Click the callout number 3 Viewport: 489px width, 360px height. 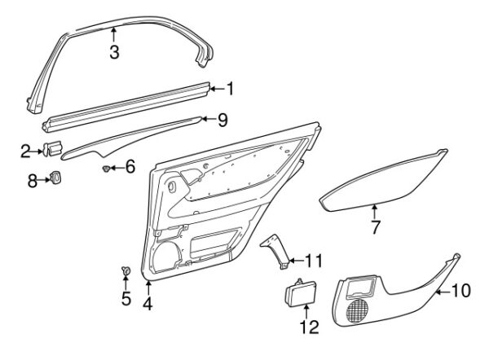pyautogui.click(x=114, y=52)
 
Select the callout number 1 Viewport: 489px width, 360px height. pyautogui.click(x=230, y=89)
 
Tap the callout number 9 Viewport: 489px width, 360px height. pyautogui.click(x=222, y=120)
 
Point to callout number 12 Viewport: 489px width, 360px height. pyautogui.click(x=309, y=327)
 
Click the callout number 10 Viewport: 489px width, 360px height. pyautogui.click(x=460, y=291)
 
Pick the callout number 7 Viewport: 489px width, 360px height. pyautogui.click(x=375, y=227)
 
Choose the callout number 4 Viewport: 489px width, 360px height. pyautogui.click(x=148, y=303)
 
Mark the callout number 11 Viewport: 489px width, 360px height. pyautogui.click(x=313, y=261)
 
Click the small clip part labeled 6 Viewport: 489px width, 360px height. pyautogui.click(x=106, y=169)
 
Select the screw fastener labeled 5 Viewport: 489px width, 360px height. pyautogui.click(x=126, y=270)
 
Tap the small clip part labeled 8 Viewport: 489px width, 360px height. pyautogui.click(x=55, y=178)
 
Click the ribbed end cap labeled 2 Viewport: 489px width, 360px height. pyautogui.click(x=52, y=148)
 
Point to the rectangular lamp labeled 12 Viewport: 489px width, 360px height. pyautogui.click(x=301, y=293)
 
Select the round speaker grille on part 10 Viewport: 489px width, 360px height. pyautogui.click(x=357, y=310)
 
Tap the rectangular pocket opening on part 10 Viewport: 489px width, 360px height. pyautogui.click(x=361, y=287)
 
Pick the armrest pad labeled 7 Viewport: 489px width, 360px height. pyautogui.click(x=384, y=181)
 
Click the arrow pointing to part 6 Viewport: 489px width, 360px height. pyautogui.click(x=117, y=169)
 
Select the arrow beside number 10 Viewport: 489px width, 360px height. pyautogui.click(x=443, y=292)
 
